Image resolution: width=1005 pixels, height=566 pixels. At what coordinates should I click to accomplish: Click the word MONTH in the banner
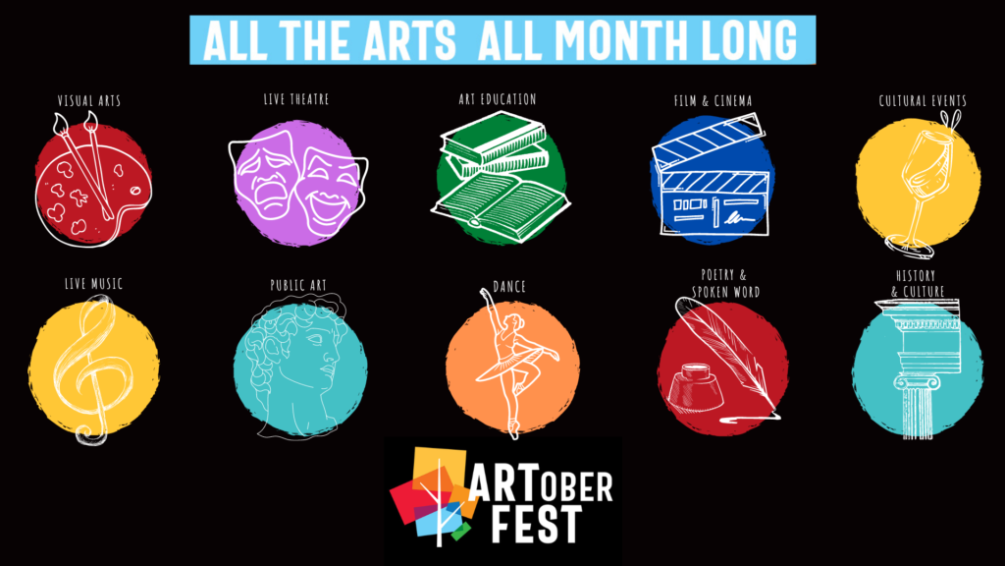(x=620, y=40)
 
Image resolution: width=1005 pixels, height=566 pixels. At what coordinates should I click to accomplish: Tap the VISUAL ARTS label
(x=89, y=101)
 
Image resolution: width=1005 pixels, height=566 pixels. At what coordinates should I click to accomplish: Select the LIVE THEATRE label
(x=296, y=99)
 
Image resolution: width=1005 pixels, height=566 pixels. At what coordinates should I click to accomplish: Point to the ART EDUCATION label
(x=498, y=99)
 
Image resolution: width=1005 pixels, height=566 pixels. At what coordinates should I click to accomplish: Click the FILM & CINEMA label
(x=713, y=101)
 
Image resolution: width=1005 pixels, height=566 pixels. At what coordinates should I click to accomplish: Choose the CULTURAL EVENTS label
(x=923, y=101)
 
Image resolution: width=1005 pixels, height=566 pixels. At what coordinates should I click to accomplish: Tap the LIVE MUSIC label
(x=93, y=284)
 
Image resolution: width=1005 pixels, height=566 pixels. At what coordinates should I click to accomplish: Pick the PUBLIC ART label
(x=298, y=285)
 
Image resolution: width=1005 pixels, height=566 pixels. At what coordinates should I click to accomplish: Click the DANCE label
(x=509, y=286)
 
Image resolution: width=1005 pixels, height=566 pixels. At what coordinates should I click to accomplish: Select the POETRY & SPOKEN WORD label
(x=725, y=284)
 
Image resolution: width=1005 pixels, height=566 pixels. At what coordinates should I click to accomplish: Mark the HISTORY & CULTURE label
(x=918, y=284)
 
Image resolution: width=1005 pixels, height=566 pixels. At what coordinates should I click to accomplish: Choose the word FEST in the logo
(x=536, y=525)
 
